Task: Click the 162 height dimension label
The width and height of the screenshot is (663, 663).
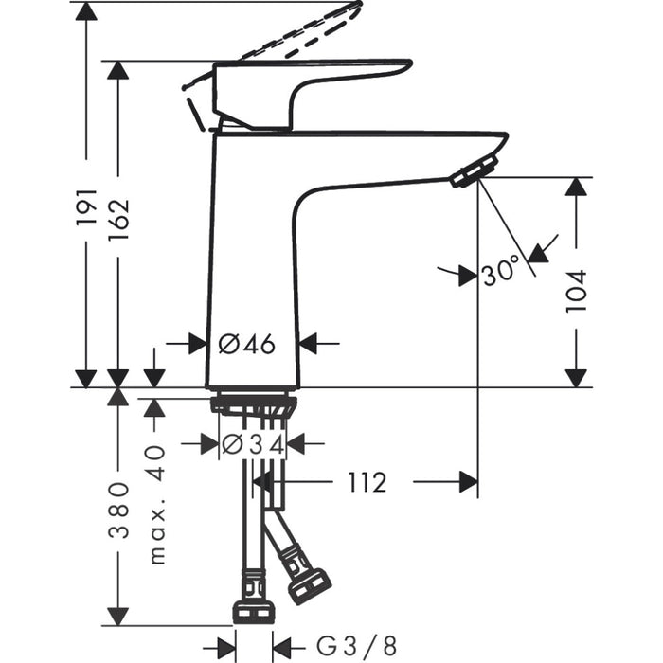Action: tap(118, 219)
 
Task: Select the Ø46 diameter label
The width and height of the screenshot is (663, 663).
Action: tap(247, 344)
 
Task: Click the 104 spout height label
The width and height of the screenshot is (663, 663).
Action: tap(576, 290)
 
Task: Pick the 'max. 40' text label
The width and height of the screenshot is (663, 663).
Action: tap(156, 504)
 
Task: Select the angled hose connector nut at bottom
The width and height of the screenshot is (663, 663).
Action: tap(309, 585)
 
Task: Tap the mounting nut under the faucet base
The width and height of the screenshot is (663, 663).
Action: tap(253, 405)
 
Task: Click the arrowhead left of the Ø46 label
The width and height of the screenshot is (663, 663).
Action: tap(197, 344)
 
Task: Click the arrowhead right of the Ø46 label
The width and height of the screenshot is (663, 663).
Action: tap(309, 344)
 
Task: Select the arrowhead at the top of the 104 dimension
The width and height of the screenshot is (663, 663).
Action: tap(576, 188)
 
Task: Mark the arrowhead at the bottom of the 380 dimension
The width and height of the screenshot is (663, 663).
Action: tap(118, 615)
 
